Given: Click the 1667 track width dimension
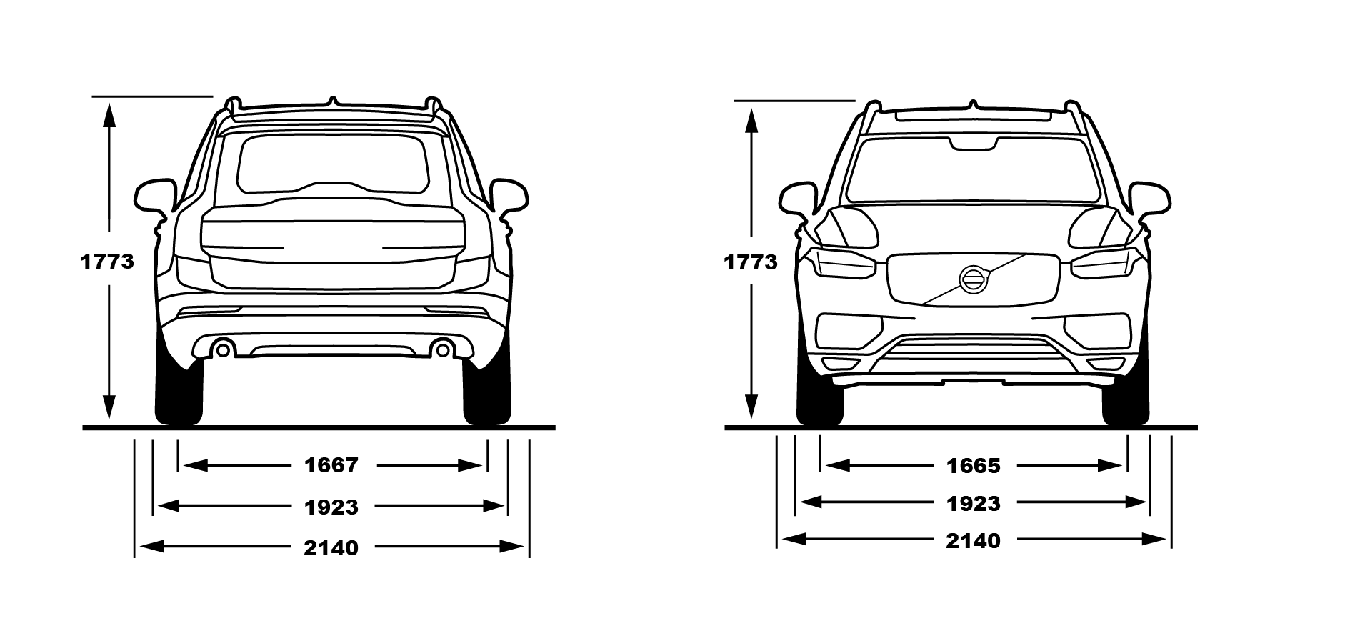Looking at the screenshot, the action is click(x=331, y=465).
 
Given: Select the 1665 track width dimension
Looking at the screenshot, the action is click(x=974, y=466).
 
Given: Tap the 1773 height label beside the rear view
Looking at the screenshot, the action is click(x=107, y=262).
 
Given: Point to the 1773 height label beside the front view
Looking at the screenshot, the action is click(x=751, y=262).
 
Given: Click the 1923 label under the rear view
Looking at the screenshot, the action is click(x=331, y=507).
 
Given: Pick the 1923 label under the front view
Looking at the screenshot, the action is click(x=974, y=503).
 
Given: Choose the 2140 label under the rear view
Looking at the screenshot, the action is click(x=331, y=547).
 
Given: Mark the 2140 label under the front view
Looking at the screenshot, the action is click(x=974, y=540).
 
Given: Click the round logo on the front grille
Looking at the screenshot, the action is click(x=973, y=278).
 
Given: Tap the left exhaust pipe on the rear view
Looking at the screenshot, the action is click(x=223, y=349).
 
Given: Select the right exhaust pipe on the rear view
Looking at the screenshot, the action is click(x=443, y=349).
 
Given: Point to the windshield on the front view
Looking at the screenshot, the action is click(x=973, y=170).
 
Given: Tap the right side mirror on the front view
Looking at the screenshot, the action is click(x=1149, y=198).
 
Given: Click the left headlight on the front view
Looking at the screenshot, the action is click(x=844, y=264).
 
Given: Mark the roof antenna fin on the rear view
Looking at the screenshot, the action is click(x=332, y=101).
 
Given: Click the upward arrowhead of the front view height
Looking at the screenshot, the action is click(x=751, y=121).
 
